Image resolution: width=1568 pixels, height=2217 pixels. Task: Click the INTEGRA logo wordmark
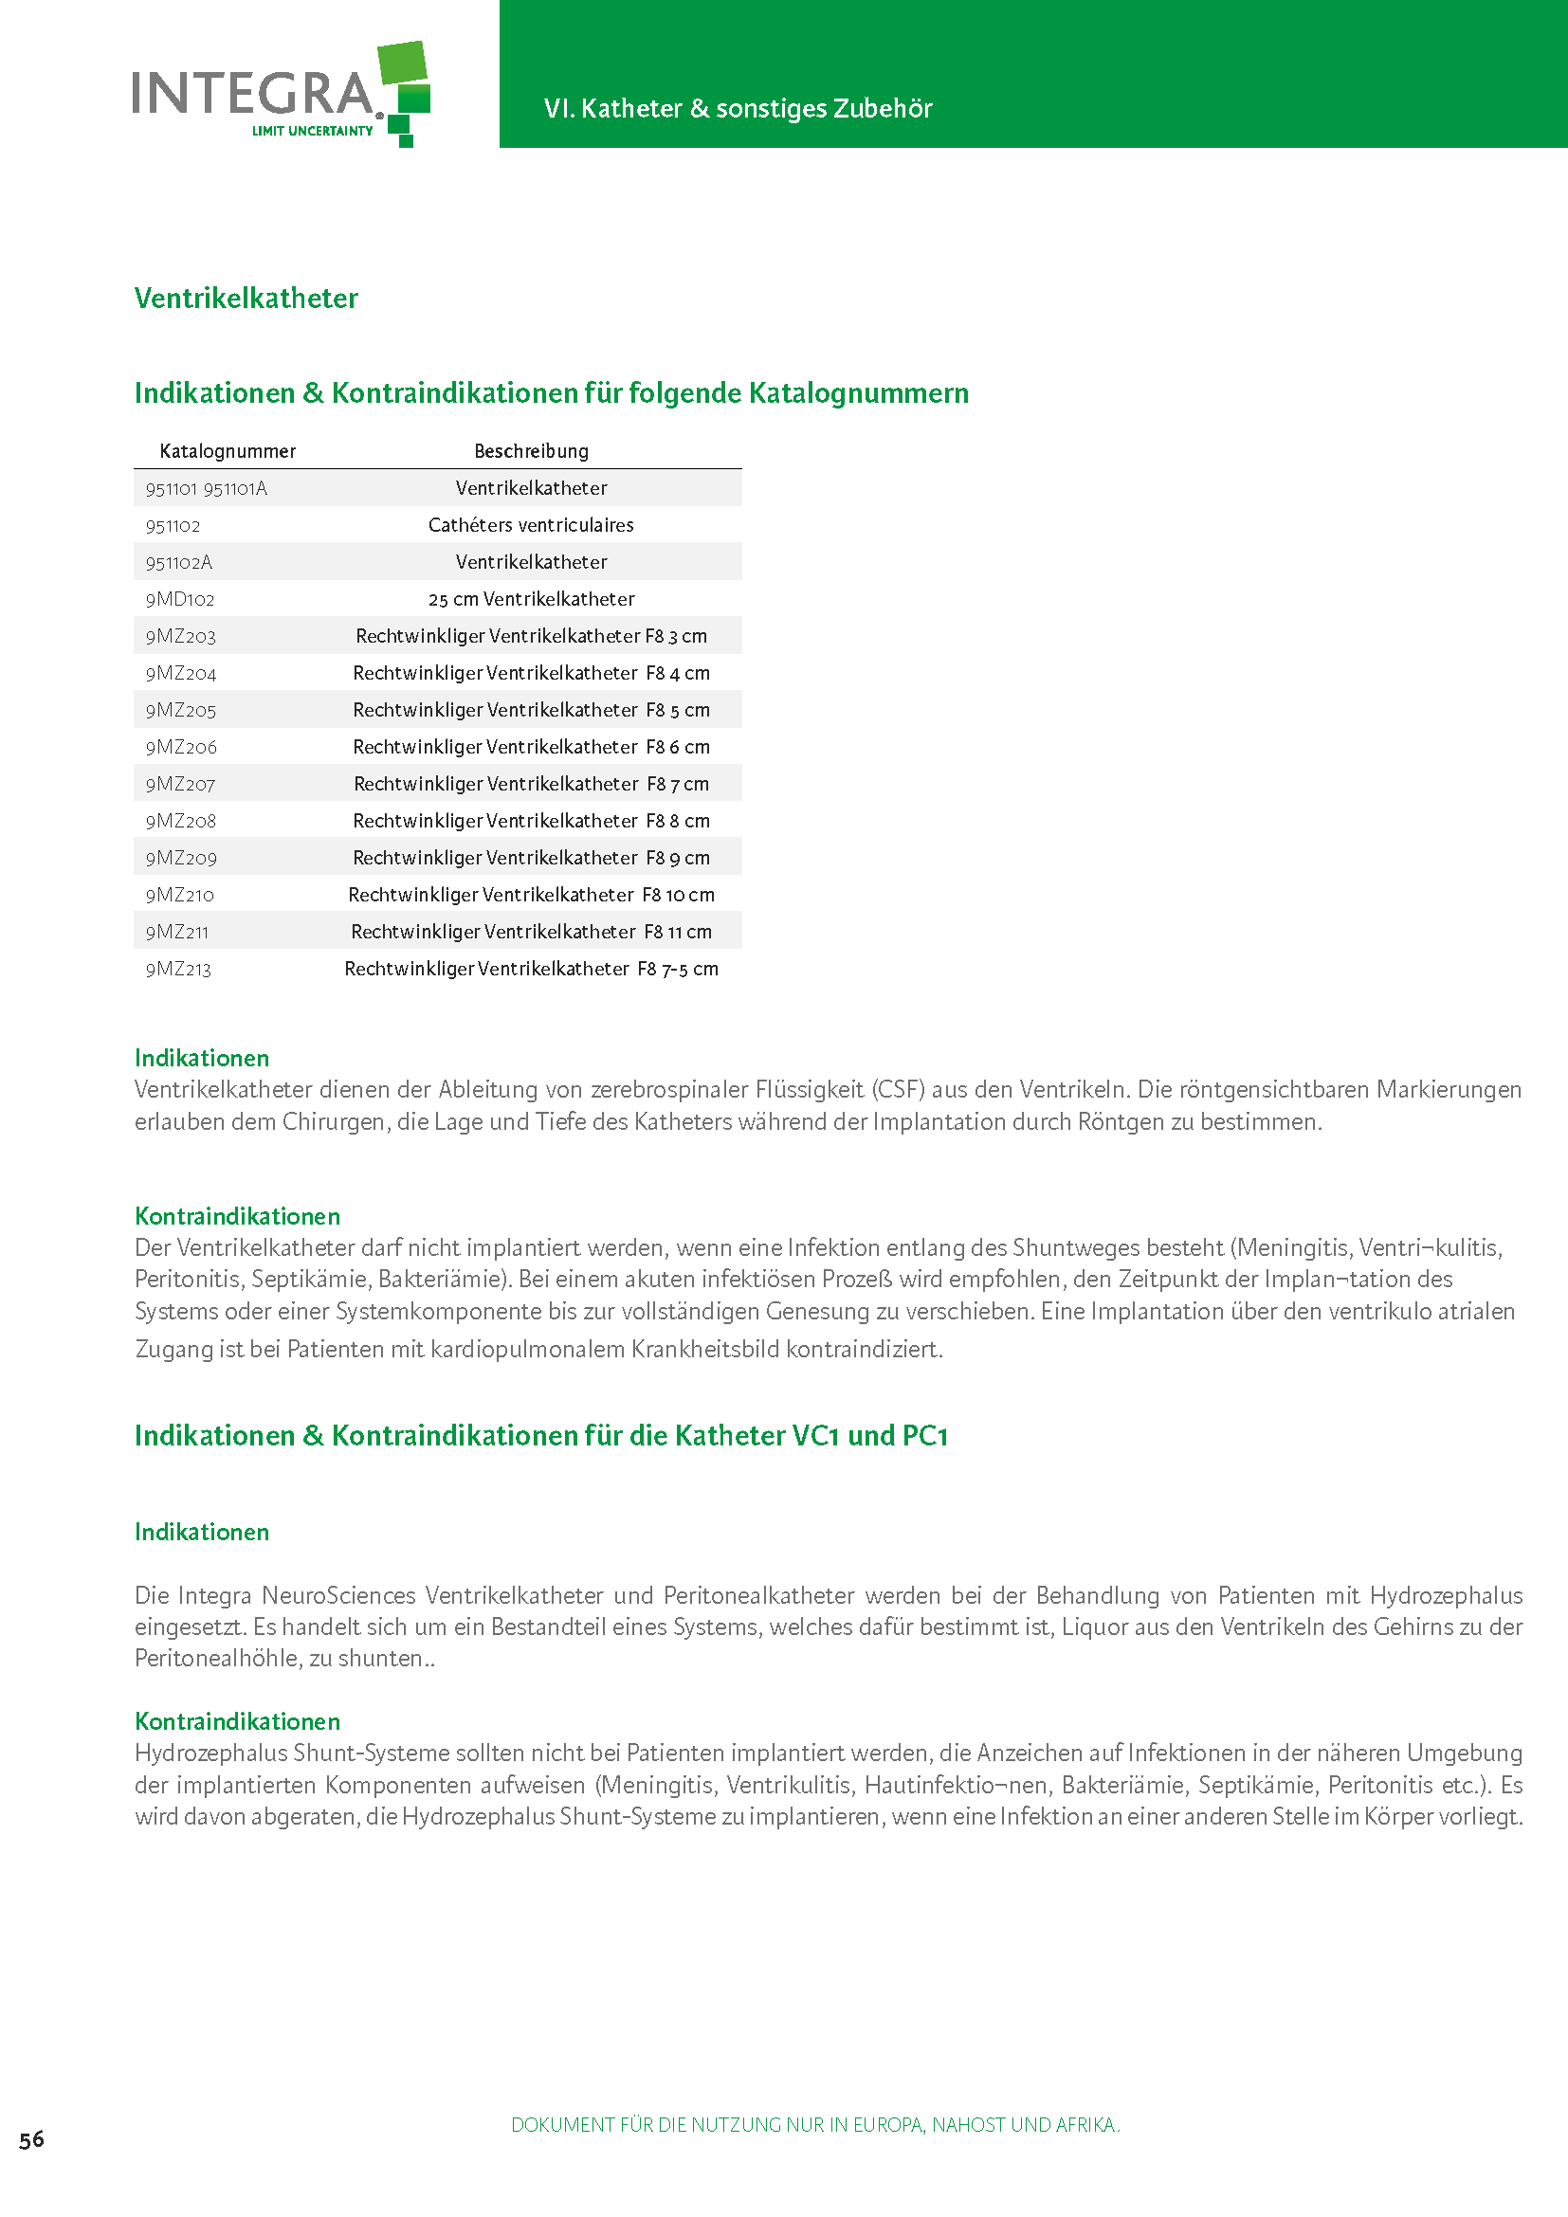pyautogui.click(x=253, y=94)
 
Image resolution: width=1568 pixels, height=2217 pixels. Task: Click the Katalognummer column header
pyautogui.click(x=228, y=451)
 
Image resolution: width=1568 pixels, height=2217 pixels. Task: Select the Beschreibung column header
pyautogui.click(x=531, y=451)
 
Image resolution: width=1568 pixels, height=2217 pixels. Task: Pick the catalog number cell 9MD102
pyautogui.click(x=180, y=600)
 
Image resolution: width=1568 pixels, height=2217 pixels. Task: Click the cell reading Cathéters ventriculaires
pyautogui.click(x=531, y=525)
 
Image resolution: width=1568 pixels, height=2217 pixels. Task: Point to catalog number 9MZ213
pyautogui.click(x=178, y=970)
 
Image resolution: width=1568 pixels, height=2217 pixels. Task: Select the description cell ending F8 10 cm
pyautogui.click(x=531, y=895)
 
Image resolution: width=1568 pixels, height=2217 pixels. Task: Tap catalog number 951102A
pyautogui.click(x=179, y=563)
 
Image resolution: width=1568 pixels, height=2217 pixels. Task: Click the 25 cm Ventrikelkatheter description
pyautogui.click(x=531, y=600)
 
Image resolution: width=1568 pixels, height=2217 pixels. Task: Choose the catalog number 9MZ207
pyautogui.click(x=180, y=784)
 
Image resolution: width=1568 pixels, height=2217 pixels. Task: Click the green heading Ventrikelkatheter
pyautogui.click(x=246, y=299)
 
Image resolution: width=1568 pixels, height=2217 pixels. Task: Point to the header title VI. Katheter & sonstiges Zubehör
pyautogui.click(x=738, y=108)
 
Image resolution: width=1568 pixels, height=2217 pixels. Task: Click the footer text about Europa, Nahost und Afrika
pyautogui.click(x=815, y=2124)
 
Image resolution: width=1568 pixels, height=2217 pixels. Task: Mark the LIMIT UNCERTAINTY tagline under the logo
pyautogui.click(x=312, y=132)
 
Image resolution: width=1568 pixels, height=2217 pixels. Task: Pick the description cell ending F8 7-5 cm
pyautogui.click(x=531, y=970)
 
